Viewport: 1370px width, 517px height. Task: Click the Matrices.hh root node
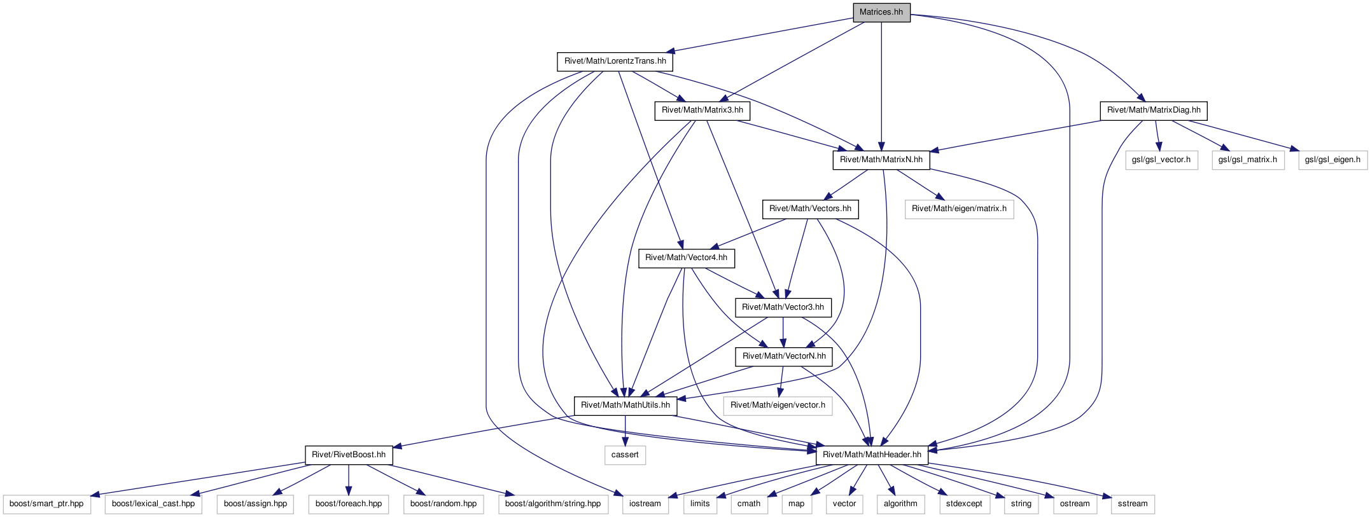[x=881, y=12]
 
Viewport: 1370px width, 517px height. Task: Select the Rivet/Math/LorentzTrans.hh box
[x=615, y=61]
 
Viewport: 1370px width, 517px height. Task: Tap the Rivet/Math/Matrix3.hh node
[x=702, y=110]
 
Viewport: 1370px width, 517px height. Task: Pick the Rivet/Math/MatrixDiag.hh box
[x=1154, y=110]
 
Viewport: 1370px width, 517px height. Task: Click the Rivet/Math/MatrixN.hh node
[x=881, y=160]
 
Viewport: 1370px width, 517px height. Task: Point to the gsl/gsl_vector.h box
[x=1161, y=160]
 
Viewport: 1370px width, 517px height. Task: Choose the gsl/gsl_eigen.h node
[x=1332, y=160]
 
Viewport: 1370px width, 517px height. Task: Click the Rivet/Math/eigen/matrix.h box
[x=960, y=209]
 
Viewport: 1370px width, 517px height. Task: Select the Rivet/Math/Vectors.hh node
[x=810, y=209]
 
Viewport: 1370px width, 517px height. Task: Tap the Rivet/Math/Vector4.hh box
[x=687, y=258]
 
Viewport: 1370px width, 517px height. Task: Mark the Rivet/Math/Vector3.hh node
[x=783, y=307]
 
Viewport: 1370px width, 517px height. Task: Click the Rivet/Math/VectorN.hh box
[x=784, y=356]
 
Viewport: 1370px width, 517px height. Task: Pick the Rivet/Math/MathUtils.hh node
[x=626, y=405]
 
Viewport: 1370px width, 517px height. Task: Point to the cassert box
[x=625, y=455]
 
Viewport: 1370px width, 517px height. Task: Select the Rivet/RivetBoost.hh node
[x=349, y=455]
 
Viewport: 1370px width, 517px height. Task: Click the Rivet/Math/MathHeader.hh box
[x=872, y=455]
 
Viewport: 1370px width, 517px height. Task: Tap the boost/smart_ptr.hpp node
[x=46, y=504]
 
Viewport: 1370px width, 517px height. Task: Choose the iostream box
[x=645, y=504]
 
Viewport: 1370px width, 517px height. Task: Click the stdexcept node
[x=964, y=504]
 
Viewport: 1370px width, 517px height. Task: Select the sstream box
[x=1133, y=504]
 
